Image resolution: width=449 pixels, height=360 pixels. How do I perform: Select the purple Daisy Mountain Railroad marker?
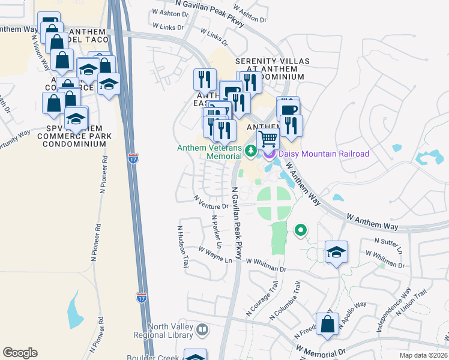click(x=268, y=154)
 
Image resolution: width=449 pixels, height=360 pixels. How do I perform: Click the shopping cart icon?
click(x=268, y=139)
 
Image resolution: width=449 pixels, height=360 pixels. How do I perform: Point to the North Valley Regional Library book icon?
click(x=203, y=329)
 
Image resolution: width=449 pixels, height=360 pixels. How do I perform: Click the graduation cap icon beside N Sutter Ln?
click(x=337, y=252)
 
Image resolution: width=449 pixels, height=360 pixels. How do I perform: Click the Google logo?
click(x=20, y=353)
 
